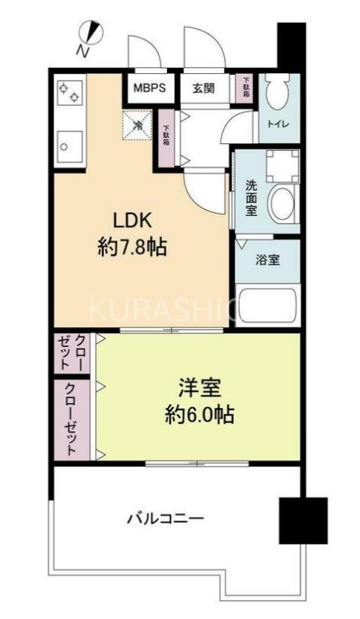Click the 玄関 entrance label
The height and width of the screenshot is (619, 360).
(203, 88)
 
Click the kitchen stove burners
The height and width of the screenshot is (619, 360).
(68, 91)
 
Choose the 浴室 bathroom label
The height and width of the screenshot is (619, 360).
(267, 259)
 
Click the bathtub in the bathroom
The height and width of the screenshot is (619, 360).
(267, 305)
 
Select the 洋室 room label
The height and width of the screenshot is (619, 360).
(200, 388)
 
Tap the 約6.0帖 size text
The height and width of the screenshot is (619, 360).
(200, 415)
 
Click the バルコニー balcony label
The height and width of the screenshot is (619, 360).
(165, 520)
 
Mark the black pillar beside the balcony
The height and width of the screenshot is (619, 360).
(302, 521)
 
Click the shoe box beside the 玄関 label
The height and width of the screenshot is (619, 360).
(246, 87)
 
